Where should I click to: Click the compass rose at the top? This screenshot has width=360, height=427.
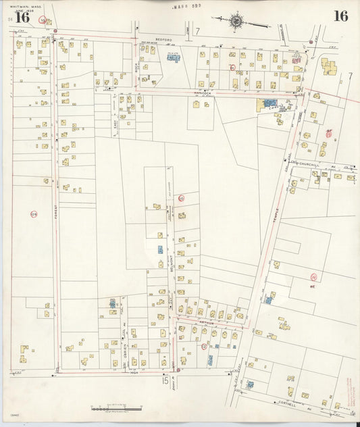[x=237, y=21]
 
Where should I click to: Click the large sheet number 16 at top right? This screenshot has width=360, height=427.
[x=340, y=16]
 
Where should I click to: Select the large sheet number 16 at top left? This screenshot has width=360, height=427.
[x=22, y=18]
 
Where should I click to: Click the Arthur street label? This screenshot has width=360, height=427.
[x=207, y=324]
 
